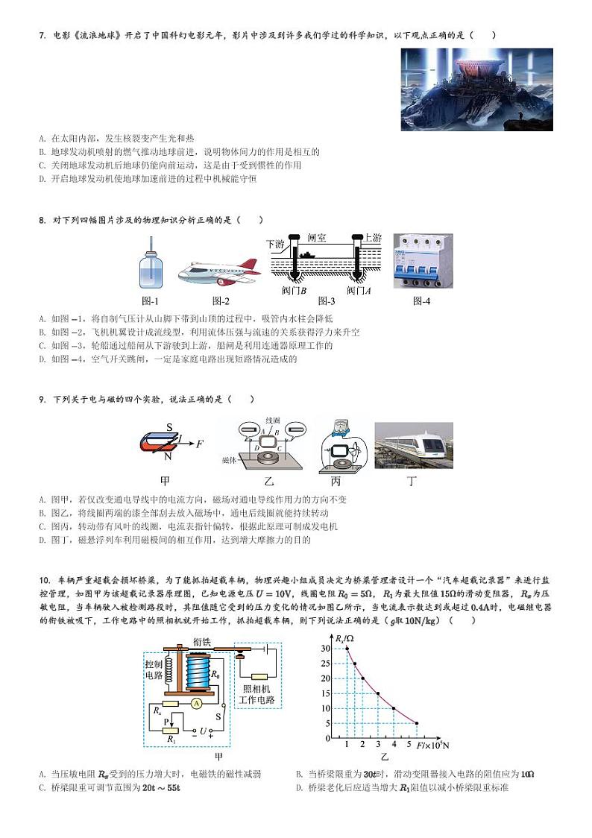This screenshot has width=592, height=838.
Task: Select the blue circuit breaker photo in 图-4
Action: pyautogui.click(x=422, y=261)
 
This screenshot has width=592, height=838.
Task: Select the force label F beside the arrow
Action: pyautogui.click(x=199, y=444)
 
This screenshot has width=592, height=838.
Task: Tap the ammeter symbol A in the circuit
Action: pyautogui.click(x=196, y=703)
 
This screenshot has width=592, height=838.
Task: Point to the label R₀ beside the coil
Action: pyautogui.click(x=215, y=674)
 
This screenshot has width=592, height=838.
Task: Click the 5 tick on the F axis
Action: pyautogui.click(x=409, y=745)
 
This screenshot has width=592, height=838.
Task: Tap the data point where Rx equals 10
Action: pyautogui.click(x=394, y=708)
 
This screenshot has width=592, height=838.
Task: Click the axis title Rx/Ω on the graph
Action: pyautogui.click(x=344, y=639)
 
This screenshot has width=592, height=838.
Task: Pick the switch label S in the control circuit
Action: pyautogui.click(x=218, y=716)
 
